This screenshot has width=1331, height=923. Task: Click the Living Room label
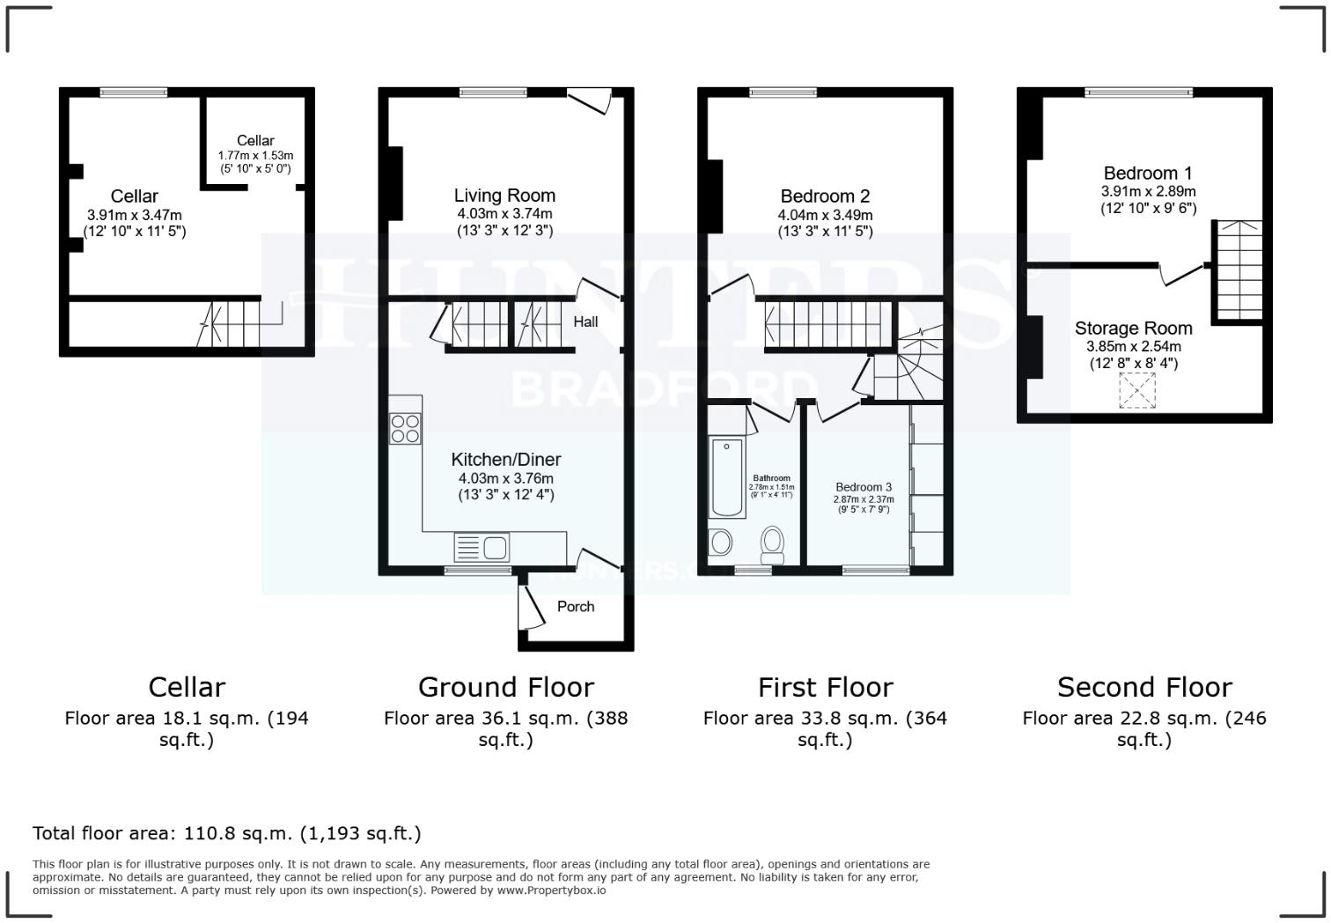click(504, 196)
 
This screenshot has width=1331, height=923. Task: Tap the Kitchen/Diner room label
click(505, 459)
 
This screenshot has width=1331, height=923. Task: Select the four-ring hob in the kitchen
click(405, 428)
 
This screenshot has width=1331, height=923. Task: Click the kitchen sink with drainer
click(482, 547)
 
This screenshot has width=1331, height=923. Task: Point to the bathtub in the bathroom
click(727, 476)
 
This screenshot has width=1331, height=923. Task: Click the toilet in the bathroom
click(773, 543)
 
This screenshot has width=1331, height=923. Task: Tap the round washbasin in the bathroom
click(720, 542)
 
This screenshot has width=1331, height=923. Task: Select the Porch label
click(576, 606)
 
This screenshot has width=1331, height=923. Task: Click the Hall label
click(585, 321)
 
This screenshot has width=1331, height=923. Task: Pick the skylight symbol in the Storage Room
click(1136, 390)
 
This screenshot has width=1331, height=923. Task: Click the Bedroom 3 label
click(864, 487)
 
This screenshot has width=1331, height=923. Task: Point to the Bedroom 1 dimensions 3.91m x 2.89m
click(1148, 191)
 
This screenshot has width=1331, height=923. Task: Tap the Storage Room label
click(1133, 329)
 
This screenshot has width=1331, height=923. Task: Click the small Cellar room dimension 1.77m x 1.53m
click(255, 155)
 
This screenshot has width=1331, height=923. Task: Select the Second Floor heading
click(1143, 687)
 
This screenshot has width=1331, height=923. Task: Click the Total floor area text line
click(226, 833)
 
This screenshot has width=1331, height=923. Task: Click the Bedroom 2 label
click(825, 196)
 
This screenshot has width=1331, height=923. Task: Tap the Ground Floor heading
click(505, 687)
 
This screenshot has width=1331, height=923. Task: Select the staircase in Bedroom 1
click(1239, 270)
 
